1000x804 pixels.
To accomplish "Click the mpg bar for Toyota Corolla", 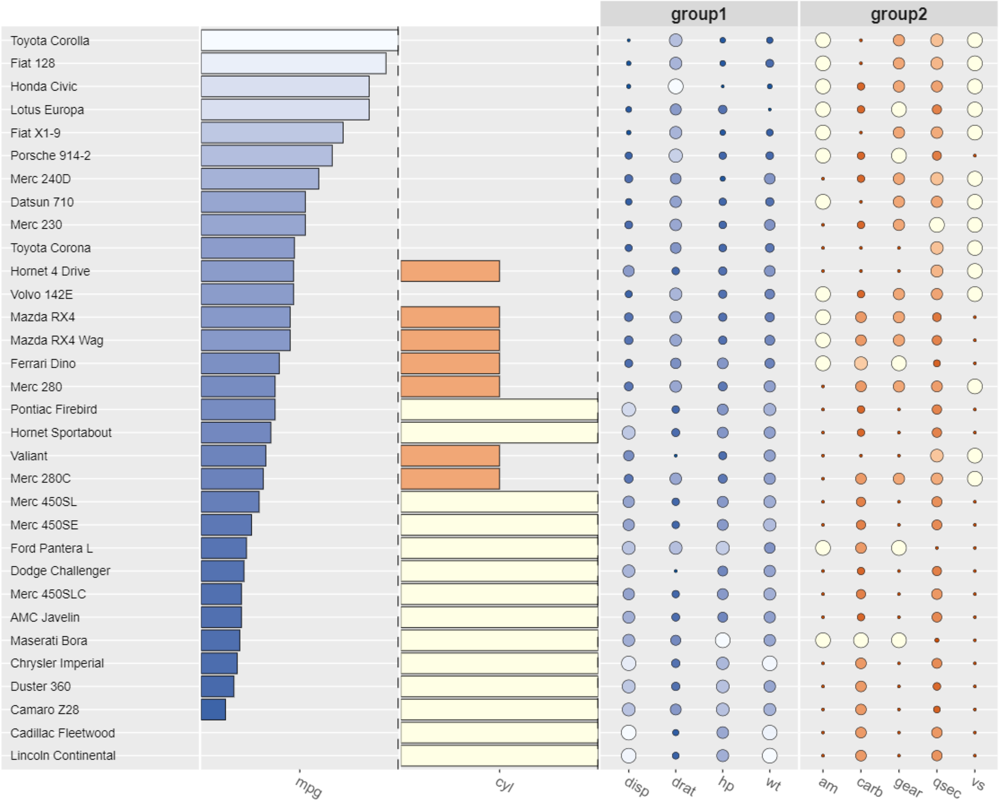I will coord(299,40).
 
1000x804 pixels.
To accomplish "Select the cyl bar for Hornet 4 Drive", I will coord(450,271).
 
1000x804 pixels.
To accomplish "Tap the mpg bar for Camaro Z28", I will coord(213,709).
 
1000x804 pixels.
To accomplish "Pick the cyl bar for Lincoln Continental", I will coord(499,755).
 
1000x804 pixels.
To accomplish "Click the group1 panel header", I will coord(698,14).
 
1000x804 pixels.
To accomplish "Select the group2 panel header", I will coord(899,14).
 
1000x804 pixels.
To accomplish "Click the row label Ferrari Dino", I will coord(43,363).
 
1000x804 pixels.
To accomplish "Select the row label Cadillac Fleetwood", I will coord(63,733).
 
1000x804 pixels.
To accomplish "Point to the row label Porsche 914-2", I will coord(50,156).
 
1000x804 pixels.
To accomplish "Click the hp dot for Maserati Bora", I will coord(723,640).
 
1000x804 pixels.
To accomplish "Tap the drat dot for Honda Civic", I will coord(675,87).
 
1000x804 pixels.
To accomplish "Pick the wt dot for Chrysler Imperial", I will coord(769,663).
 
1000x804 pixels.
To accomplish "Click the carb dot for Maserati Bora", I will coord(861,640).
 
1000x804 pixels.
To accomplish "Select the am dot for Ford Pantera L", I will coord(823,548).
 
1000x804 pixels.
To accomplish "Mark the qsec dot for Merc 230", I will coord(936,225).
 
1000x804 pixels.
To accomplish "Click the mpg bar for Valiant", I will coord(233,456).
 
